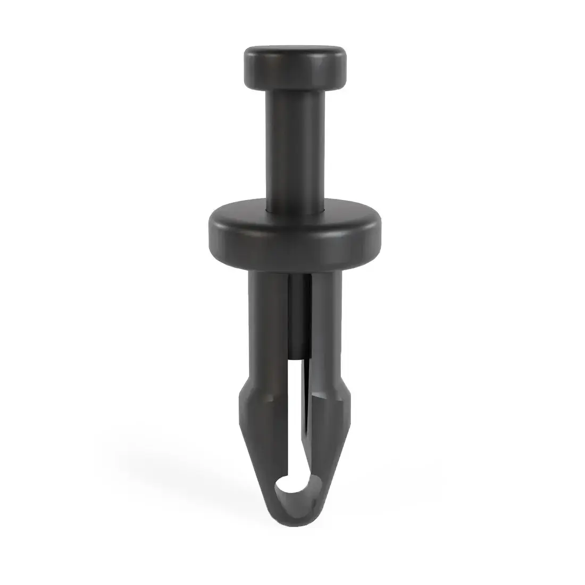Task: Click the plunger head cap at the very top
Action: (x=294, y=66)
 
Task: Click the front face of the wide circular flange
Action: (x=295, y=239)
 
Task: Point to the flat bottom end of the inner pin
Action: (x=299, y=355)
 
